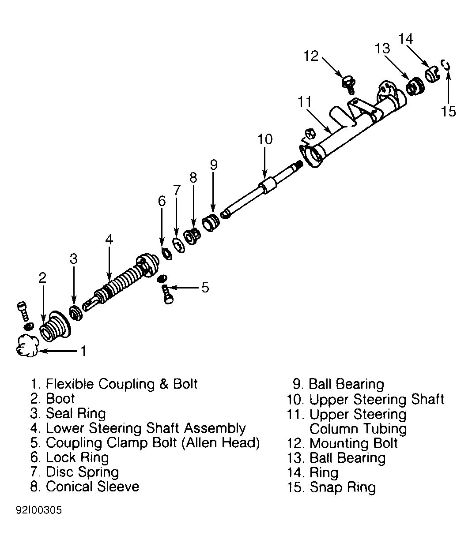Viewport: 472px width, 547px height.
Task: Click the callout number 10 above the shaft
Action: click(264, 139)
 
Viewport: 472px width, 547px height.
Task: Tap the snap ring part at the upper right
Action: click(446, 65)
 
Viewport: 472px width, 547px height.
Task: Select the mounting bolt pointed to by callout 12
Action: click(348, 84)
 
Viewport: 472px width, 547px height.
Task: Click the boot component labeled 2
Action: click(55, 326)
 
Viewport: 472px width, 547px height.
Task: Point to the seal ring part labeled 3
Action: click(76, 313)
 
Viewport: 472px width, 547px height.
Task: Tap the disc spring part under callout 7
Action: click(178, 245)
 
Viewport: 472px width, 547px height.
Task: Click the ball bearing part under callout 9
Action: click(211, 222)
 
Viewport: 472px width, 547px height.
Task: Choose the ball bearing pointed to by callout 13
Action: click(415, 86)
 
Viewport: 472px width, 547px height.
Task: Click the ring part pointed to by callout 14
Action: click(432, 75)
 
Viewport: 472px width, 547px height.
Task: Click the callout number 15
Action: click(449, 111)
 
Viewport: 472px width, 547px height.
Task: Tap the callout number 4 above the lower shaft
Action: click(109, 239)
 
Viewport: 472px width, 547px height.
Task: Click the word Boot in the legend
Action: click(60, 398)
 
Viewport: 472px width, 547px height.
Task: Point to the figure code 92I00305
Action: click(39, 517)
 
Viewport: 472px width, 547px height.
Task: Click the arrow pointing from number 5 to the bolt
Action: click(183, 287)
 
